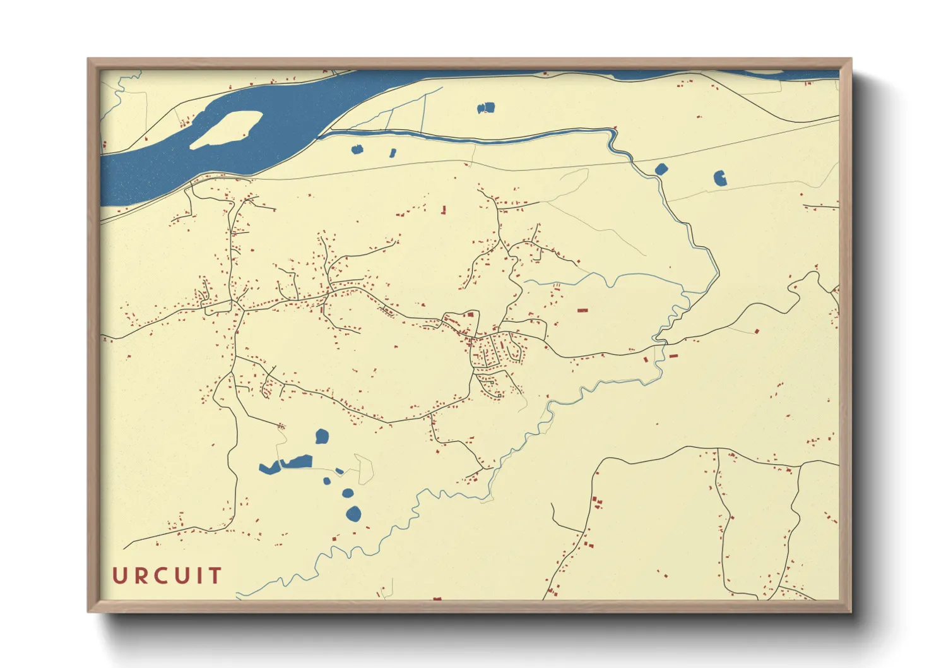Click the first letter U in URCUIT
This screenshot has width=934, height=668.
tap(120, 575)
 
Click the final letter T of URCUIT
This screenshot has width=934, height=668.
tap(215, 575)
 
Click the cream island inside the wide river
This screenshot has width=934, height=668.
tap(226, 129)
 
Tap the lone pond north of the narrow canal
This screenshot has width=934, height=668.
tap(486, 108)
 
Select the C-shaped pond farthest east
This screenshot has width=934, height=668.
tap(719, 178)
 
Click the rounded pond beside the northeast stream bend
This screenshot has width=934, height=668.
tap(661, 169)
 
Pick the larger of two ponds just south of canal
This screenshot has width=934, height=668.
tap(357, 150)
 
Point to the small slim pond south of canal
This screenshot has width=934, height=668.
tap(393, 153)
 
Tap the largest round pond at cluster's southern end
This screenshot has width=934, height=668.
tap(353, 514)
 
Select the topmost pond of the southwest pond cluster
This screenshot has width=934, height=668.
tap(322, 436)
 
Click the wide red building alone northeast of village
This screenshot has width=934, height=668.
tap(582, 311)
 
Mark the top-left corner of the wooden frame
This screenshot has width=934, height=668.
tap(88, 59)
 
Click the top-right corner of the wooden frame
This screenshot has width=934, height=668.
tap(851, 59)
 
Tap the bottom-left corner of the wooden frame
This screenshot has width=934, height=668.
tap(88, 612)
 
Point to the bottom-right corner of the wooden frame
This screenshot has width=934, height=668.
tap(851, 612)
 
